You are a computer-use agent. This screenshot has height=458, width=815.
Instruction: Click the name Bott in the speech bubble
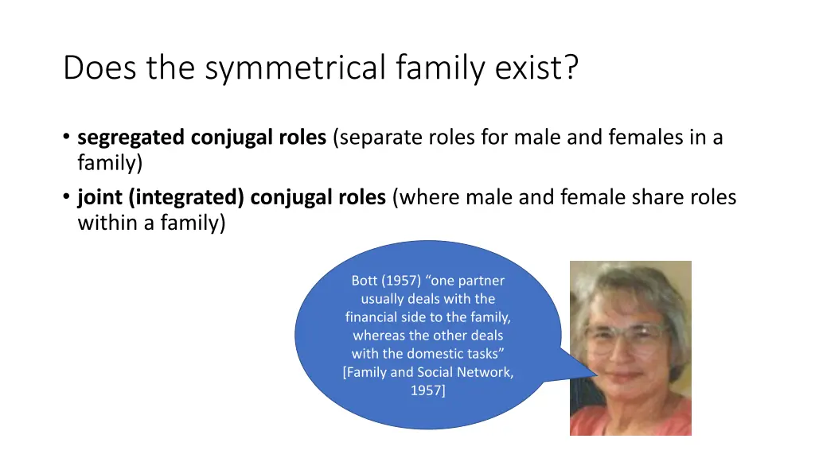coord(365,281)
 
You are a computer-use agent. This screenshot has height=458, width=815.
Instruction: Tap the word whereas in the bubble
coord(379,336)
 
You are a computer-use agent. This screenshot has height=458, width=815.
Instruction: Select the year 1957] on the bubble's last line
coord(428,390)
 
